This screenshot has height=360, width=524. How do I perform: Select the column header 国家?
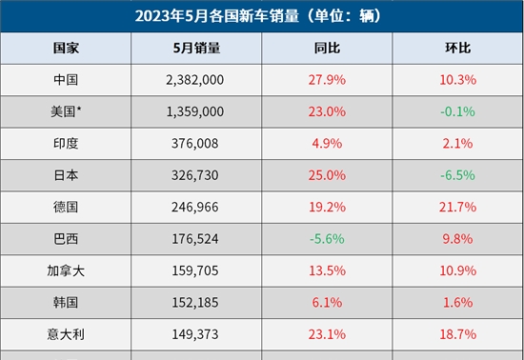pyautogui.click(x=67, y=48)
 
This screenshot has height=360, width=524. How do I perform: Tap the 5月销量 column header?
pyautogui.click(x=198, y=48)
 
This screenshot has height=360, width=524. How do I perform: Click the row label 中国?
pyautogui.click(x=67, y=79)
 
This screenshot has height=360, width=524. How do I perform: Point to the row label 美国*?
pyautogui.click(x=67, y=111)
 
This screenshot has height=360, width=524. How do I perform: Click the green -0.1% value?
pyautogui.click(x=458, y=111)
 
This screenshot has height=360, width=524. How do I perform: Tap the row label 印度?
pyautogui.click(x=67, y=143)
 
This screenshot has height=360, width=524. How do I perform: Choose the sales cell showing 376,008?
pyautogui.click(x=195, y=143)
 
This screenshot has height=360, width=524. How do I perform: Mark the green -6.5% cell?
pyautogui.click(x=458, y=175)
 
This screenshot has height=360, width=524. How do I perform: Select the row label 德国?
pyautogui.click(x=67, y=207)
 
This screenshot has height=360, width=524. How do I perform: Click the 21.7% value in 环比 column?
pyautogui.click(x=458, y=207)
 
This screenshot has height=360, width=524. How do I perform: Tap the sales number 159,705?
pyautogui.click(x=195, y=270)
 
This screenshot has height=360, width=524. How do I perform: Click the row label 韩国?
pyautogui.click(x=67, y=302)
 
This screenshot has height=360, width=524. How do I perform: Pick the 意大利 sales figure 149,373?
pyautogui.click(x=195, y=334)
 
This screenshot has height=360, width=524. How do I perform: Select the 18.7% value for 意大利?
pyautogui.click(x=458, y=334)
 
